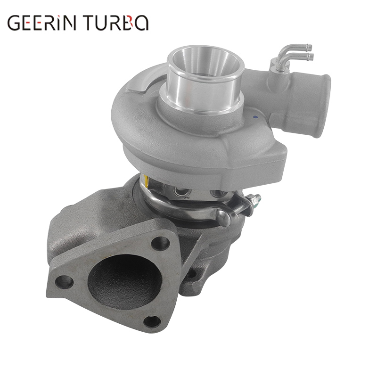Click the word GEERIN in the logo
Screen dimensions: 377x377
(41, 23)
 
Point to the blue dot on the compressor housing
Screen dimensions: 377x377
(255, 117)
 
